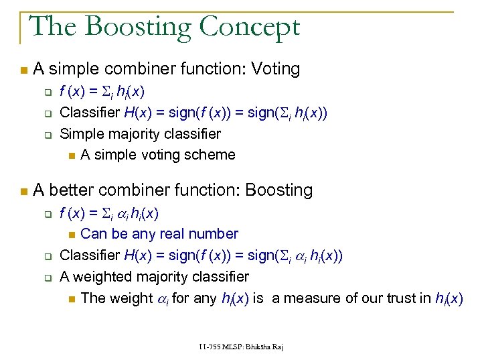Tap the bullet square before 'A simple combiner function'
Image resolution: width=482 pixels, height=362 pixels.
24,70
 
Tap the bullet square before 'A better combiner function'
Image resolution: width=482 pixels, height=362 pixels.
24,191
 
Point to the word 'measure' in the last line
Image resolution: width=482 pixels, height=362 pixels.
313,298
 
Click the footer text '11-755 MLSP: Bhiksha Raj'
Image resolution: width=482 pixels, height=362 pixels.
240,346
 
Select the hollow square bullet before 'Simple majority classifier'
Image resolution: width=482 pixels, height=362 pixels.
49,134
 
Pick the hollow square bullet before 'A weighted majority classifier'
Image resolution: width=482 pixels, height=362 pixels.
49,277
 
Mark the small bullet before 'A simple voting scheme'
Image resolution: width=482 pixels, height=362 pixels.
71,156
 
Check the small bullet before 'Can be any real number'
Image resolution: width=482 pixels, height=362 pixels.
71,235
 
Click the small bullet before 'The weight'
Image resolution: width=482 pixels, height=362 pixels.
71,298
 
